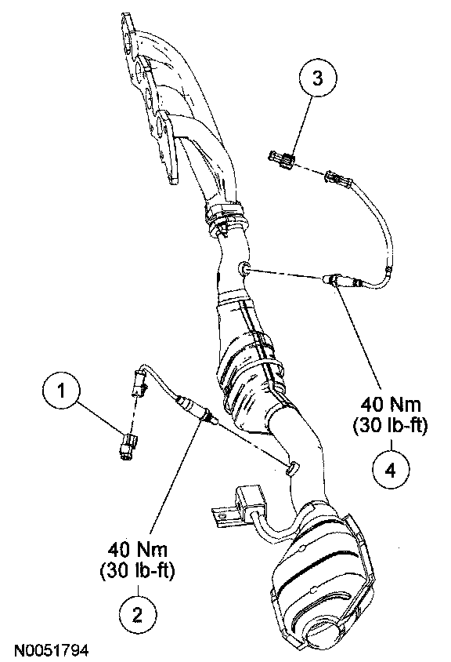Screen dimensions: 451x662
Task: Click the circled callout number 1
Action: pyautogui.click(x=62, y=391)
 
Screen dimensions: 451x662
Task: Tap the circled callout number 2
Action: pyautogui.click(x=138, y=615)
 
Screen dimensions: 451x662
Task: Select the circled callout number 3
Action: pyautogui.click(x=318, y=78)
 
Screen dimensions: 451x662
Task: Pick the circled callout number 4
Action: pyautogui.click(x=391, y=470)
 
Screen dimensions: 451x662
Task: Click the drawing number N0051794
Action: pyautogui.click(x=52, y=650)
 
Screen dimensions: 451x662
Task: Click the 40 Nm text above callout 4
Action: pyautogui.click(x=391, y=405)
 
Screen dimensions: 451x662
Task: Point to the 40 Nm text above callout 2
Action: pyautogui.click(x=137, y=550)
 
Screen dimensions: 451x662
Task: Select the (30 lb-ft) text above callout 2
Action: pyautogui.click(x=137, y=571)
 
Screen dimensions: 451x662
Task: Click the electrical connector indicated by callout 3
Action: pyautogui.click(x=282, y=162)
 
